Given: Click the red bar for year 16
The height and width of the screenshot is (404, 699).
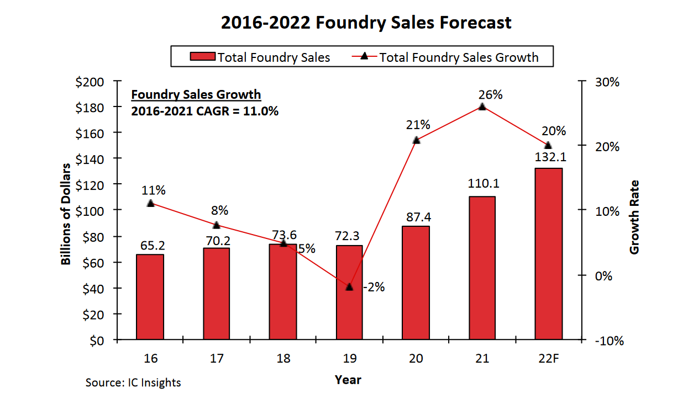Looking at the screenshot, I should pos(150,297).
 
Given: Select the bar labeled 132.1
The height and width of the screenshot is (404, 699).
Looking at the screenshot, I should pos(548,254).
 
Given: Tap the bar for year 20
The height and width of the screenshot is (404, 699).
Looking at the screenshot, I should pos(416,283).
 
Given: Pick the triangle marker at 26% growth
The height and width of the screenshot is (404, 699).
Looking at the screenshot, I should pos(482,107).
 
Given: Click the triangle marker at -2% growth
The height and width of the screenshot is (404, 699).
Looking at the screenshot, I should pos(349,287).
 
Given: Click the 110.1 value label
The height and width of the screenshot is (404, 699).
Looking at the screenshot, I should pos(482,184).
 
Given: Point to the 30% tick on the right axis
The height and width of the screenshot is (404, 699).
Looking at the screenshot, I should pos(607,82).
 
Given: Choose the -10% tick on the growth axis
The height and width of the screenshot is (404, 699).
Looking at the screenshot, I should pos(609,341).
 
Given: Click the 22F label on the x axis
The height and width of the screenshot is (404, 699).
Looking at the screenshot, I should pos(548,358).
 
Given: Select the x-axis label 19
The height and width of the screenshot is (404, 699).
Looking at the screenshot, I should pos(349,358).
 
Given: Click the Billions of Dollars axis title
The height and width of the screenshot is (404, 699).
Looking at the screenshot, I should pos(66,214).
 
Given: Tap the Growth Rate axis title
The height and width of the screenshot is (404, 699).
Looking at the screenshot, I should pos(634,217).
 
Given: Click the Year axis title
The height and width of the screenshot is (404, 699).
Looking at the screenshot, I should pos(348,380).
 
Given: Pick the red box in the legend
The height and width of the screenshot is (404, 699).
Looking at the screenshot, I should pos(202,57).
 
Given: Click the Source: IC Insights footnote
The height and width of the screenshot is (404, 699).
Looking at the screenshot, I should pos(133,382).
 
